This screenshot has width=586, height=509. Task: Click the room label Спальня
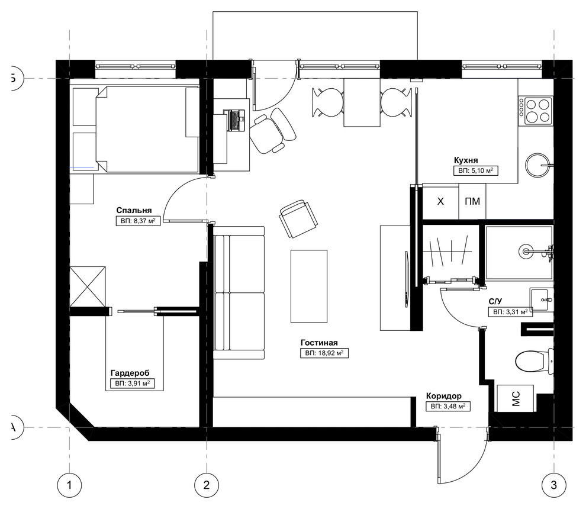click(134, 210)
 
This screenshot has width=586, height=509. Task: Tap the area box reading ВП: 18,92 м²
click(324, 353)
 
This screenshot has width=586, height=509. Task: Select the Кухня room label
click(466, 160)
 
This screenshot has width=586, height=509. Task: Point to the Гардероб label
click(130, 373)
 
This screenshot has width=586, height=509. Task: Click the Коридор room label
click(443, 396)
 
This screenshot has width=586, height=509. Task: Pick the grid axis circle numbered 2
click(207, 485)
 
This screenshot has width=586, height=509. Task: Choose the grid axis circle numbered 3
click(554, 485)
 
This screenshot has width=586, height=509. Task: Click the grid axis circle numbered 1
click(69, 485)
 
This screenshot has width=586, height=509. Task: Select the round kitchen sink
click(538, 165)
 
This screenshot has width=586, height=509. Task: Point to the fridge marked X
click(440, 201)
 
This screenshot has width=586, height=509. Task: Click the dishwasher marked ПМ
click(472, 201)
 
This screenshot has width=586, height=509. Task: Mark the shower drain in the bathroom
click(526, 251)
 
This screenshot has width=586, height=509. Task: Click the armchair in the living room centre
click(298, 218)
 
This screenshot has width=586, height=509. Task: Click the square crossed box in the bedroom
click(88, 286)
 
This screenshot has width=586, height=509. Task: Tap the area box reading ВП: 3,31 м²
click(510, 312)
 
